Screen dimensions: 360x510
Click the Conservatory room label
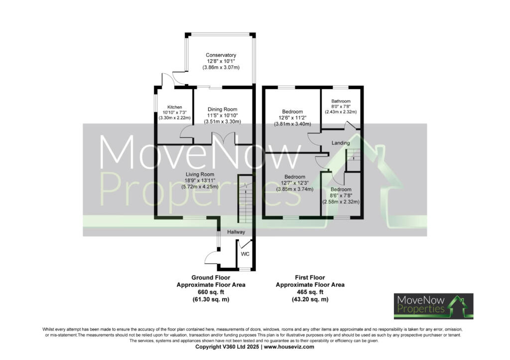pos(221,55)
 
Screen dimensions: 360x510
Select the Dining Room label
pos(223,109)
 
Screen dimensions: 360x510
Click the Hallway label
pos(236,232)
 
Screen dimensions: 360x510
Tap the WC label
pos(245,254)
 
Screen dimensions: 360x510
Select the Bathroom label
pos(341,101)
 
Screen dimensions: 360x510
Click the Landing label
pos(341,143)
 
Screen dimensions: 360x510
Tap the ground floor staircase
pos(245,199)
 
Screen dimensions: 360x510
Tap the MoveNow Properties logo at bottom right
pos(433,306)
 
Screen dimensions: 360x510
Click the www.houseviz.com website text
pos(290,347)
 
